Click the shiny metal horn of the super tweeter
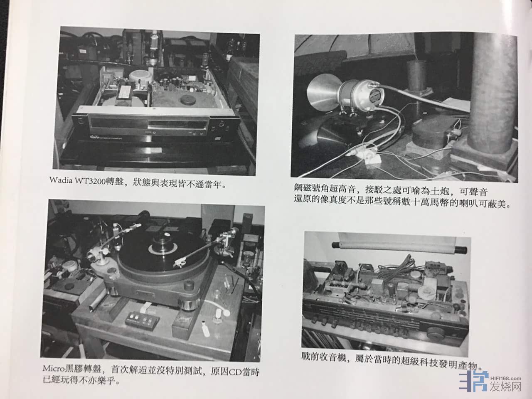pos(323,92)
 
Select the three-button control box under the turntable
pos(142,320)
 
